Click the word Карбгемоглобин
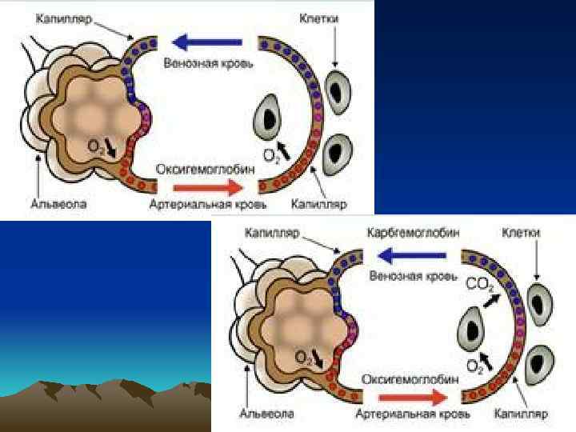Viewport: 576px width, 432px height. click(414, 233)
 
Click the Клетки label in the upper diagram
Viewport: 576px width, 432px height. click(318, 17)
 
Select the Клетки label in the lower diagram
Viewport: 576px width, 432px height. click(521, 233)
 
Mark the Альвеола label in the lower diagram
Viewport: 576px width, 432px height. click(267, 414)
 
